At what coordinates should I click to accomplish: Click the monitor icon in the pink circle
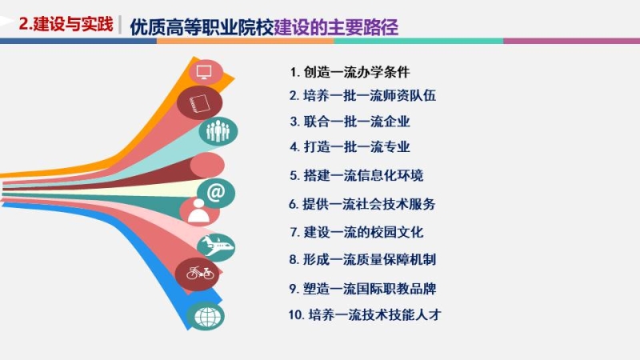pos(204,73)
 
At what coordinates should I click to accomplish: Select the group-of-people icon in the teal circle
pos(218,131)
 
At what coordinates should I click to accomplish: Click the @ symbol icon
pos(216,192)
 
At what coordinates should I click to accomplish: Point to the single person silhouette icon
pos(198,210)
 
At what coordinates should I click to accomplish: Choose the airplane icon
pos(216,246)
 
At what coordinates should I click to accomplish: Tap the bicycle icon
pos(200,272)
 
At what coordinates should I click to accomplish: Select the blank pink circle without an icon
pos(207,166)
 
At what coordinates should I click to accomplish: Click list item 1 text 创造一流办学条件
pos(350,72)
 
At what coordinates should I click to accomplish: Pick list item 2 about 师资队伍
pos(362,95)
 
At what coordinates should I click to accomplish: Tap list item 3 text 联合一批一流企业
pos(350,122)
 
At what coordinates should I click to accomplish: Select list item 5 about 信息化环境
pos(356,175)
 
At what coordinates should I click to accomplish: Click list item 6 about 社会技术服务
pos(362,204)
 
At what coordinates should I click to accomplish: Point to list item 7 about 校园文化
pos(357,232)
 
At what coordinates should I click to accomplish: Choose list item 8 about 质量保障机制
pos(362,259)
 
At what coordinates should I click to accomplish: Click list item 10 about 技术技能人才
pos(365,314)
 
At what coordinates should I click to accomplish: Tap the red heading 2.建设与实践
pos(66,24)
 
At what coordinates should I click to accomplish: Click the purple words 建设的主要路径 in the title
pos(336,27)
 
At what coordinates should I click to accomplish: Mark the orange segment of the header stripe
pos(245,42)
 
